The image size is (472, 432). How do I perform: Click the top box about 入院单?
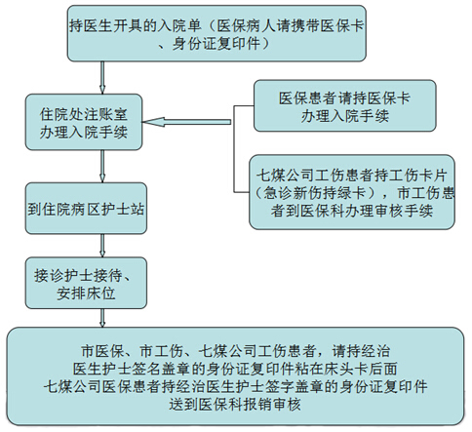[216, 33]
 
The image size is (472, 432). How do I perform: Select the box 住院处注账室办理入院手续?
[84, 122]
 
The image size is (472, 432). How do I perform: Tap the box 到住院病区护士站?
[86, 209]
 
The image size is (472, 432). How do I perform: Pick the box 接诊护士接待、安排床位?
[86, 283]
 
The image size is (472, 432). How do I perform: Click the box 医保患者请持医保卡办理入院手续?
[345, 105]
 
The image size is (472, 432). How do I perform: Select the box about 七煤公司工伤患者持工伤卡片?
[352, 192]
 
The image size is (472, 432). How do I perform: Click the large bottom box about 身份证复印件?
[236, 376]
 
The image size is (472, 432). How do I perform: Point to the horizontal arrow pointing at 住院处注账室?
[187, 122]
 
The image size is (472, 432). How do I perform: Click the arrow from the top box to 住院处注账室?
[102, 77]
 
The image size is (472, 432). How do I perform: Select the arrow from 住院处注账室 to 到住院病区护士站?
[102, 166]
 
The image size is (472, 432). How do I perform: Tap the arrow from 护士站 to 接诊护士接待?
[102, 246]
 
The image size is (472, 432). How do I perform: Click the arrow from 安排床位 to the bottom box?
[102, 318]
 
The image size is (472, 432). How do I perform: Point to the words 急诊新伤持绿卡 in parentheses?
[314, 193]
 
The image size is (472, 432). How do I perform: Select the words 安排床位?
[86, 294]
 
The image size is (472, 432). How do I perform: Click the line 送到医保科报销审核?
[235, 404]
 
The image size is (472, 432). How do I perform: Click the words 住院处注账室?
[84, 114]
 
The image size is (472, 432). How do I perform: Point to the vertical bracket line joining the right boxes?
[234, 149]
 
